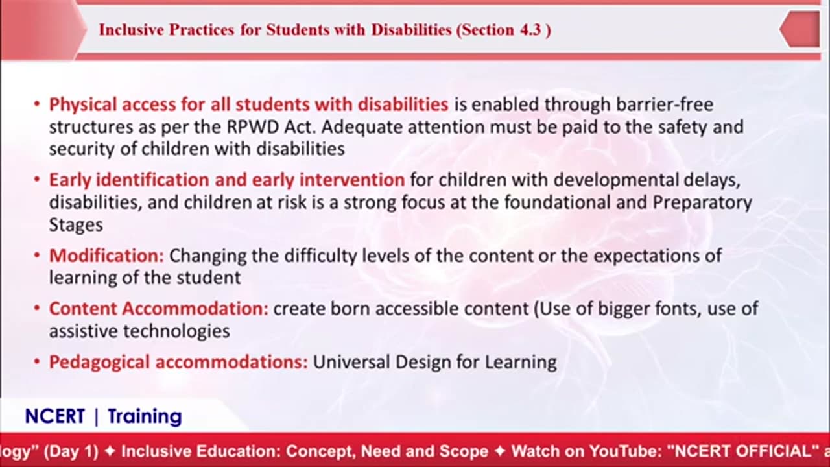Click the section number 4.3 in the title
(530, 30)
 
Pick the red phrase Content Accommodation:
(158, 309)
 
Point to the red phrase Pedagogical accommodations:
(178, 362)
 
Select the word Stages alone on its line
(75, 225)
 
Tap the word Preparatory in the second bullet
(702, 202)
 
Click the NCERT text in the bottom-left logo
(55, 416)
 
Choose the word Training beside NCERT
(145, 416)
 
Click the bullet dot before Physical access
(37, 104)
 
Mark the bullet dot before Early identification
(37, 180)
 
